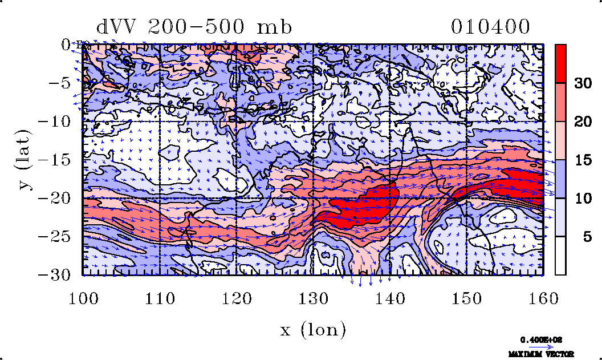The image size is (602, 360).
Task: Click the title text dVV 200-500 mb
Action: pyautogui.click(x=194, y=27)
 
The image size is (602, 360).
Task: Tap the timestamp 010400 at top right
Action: pyautogui.click(x=490, y=27)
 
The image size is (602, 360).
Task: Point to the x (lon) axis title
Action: pyautogui.click(x=313, y=329)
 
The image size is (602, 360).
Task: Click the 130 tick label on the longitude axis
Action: pyautogui.click(x=313, y=297)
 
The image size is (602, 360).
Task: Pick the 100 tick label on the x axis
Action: pyautogui.click(x=83, y=297)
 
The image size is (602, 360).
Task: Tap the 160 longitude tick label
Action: pyautogui.click(x=543, y=297)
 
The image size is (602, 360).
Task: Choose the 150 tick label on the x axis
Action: pyautogui.click(x=466, y=297)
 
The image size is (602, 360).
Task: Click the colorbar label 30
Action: pyautogui.click(x=582, y=83)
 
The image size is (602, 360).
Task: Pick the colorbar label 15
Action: pyautogui.click(x=582, y=160)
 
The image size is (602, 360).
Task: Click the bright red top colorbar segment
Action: pyautogui.click(x=560, y=63)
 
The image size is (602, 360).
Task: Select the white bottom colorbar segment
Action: pyautogui.click(x=560, y=256)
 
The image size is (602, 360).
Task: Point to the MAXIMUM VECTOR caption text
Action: pyautogui.click(x=541, y=354)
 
